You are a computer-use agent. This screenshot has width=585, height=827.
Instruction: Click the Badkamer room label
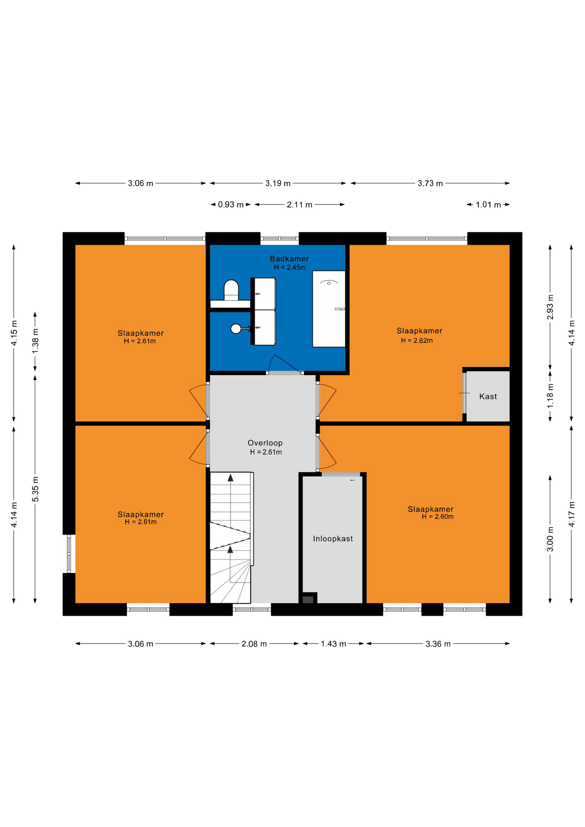pos(289,258)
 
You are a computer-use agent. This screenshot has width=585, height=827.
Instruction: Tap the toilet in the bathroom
pos(231,290)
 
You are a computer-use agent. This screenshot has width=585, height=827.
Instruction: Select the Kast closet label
pos(488,396)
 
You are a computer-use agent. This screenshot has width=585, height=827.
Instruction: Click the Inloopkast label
pos(333,538)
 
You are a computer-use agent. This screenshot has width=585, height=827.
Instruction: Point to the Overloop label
pos(265,443)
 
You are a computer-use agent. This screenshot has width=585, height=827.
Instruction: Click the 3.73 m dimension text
pos(430,183)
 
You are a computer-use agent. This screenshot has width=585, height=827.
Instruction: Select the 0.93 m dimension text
pos(230,205)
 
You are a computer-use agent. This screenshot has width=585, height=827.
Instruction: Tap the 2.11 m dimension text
pos(299,205)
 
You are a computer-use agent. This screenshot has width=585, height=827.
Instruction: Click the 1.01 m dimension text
pos(488,205)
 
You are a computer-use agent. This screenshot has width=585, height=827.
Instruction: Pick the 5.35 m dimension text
pos(36,489)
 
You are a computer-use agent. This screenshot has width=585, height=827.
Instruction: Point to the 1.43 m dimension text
pos(333,644)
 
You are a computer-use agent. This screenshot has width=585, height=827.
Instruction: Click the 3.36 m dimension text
pos(438,644)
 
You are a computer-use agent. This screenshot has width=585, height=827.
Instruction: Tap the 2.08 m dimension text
pos(254,644)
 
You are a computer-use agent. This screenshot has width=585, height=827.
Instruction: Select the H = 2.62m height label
pos(417,341)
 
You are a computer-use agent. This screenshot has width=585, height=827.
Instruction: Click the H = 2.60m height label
pos(438,517)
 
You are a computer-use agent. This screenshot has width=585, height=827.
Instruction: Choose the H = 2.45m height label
pos(289,267)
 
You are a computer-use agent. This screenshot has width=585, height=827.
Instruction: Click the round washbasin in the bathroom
pos(236,329)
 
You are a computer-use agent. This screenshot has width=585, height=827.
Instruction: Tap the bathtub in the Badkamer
pos(329,309)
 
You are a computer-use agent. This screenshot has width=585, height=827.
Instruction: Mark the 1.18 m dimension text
pos(550,396)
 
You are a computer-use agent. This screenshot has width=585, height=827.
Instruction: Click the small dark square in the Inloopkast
pos(308,600)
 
